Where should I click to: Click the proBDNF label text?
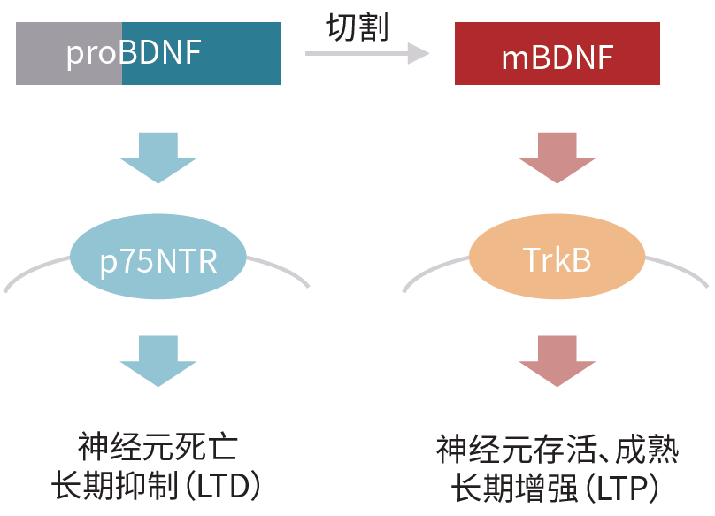[x=134, y=54]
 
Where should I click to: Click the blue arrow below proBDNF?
[x=158, y=156]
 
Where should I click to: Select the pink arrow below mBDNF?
[x=557, y=156]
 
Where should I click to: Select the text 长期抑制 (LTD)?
[x=158, y=487]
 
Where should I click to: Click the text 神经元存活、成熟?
[x=557, y=450]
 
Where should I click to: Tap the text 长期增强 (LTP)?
[x=557, y=488]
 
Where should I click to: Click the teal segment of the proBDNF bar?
[x=239, y=54]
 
